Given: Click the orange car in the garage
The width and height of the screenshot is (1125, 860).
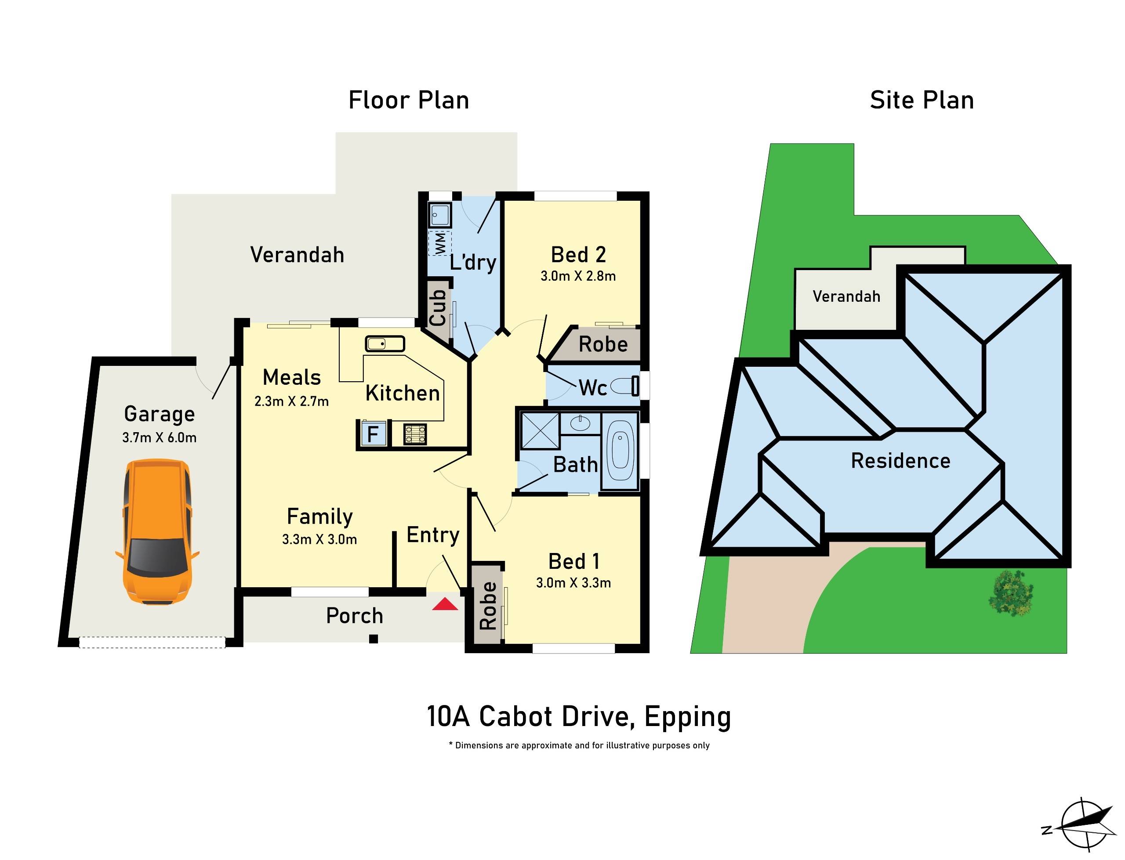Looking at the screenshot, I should tap(157, 532).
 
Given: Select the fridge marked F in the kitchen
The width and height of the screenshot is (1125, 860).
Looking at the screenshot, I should tap(372, 434).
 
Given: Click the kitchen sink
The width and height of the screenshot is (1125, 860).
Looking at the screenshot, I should tap(385, 343).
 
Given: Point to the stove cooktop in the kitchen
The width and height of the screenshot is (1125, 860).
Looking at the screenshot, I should tap(415, 434).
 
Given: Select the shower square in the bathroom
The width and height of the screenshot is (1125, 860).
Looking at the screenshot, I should tap(540, 431).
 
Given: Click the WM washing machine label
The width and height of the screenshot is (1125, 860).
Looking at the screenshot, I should tap(440, 243).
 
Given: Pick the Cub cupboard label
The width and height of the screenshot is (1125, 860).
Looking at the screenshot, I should tap(438, 307).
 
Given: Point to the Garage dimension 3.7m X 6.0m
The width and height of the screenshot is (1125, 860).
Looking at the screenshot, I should tap(159, 437).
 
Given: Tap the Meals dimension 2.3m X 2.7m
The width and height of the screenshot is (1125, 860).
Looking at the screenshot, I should tap(291, 401).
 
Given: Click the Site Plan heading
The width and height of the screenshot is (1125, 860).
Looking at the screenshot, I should tap(921, 100).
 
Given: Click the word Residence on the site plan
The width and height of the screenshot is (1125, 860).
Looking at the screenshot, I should tap(900, 461).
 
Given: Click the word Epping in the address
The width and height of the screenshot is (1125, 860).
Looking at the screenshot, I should tap(687, 717).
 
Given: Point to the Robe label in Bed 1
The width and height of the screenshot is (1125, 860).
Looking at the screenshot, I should tap(488, 606).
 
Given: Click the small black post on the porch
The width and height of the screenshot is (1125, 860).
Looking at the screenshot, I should tap(374, 639).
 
